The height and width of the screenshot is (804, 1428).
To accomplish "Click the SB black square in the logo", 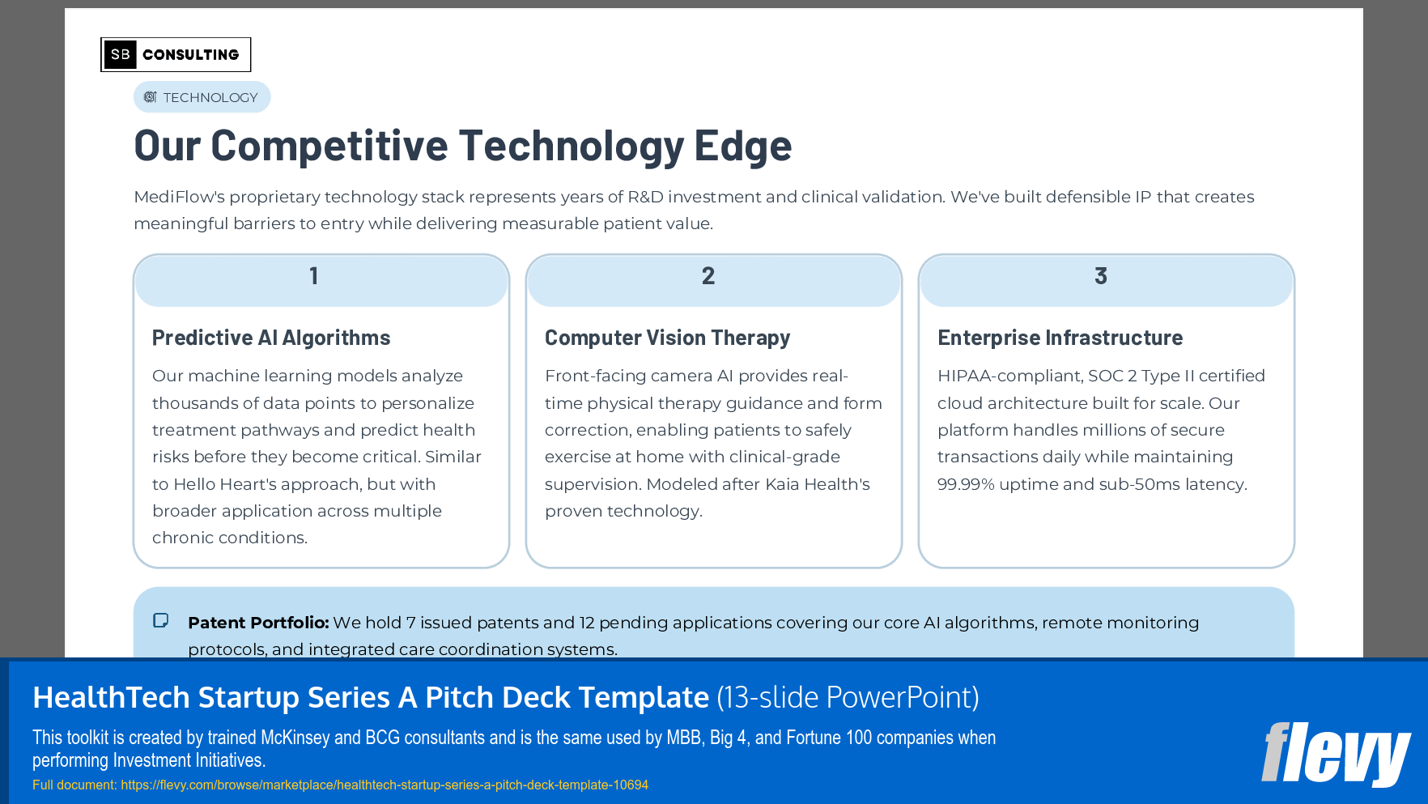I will click(120, 54).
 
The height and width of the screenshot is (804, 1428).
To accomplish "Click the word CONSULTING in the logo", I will click(191, 55).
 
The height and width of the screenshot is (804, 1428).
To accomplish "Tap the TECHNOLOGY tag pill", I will click(202, 97).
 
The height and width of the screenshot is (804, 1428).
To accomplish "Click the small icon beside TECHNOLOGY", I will click(150, 97).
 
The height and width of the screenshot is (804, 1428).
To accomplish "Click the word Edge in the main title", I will click(742, 146).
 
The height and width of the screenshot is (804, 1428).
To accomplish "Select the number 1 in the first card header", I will click(314, 276).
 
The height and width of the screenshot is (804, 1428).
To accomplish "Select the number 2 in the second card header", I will click(708, 276).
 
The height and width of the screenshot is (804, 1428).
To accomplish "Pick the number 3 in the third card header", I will click(1101, 276).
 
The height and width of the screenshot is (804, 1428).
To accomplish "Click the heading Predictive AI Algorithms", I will click(271, 338).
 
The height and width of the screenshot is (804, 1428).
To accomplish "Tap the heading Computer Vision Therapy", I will click(667, 338).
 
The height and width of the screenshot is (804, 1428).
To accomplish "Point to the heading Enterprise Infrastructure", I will click(1060, 338).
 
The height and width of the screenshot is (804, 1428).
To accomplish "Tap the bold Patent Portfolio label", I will click(258, 623).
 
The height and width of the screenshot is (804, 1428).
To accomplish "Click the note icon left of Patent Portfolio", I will click(161, 621).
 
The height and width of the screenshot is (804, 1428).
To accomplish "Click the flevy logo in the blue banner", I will click(1335, 754).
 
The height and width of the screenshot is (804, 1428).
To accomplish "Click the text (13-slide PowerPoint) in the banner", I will click(848, 697).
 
